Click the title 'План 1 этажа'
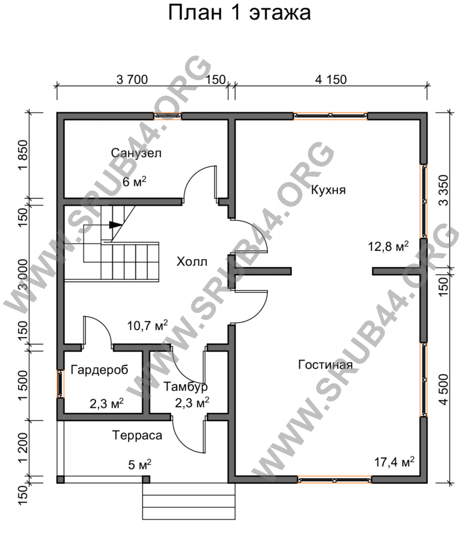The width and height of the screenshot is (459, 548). click(x=239, y=13)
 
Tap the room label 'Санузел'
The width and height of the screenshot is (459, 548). click(x=136, y=153)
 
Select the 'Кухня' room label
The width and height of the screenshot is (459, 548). click(x=328, y=190)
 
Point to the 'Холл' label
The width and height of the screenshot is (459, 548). click(x=192, y=261)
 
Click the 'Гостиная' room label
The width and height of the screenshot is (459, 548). click(x=325, y=365)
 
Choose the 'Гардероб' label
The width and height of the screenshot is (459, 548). click(x=99, y=370)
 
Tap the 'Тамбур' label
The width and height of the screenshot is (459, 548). click(x=186, y=387)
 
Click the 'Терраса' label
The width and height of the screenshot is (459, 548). click(x=137, y=436)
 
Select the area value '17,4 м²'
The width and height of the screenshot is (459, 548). click(x=394, y=462)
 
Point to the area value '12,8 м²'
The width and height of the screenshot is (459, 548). click(x=388, y=247)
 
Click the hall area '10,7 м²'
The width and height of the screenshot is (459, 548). click(x=147, y=326)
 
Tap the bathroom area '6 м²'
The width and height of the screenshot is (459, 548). click(x=135, y=181)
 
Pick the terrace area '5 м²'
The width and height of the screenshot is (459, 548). click(x=140, y=465)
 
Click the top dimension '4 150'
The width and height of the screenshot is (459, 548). click(x=331, y=79)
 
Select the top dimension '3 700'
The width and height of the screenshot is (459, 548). click(x=132, y=79)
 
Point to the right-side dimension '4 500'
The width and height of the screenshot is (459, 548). click(x=443, y=389)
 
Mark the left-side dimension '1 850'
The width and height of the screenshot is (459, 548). click(x=22, y=155)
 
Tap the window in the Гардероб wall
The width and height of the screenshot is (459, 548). click(x=60, y=384)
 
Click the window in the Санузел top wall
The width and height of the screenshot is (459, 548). click(x=168, y=116)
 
